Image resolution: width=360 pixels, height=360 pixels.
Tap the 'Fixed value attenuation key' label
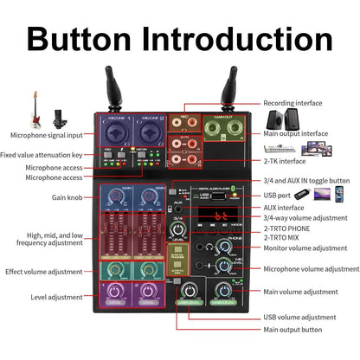point(48,155)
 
